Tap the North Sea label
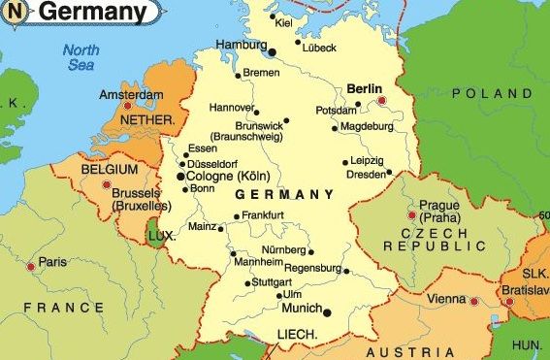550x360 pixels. pyautogui.click(x=81, y=57)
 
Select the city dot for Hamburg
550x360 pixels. pyautogui.click(x=272, y=50)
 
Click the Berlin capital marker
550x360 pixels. pyautogui.click(x=382, y=100)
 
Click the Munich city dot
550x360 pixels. pyautogui.click(x=326, y=311)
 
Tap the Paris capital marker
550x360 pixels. pyautogui.click(x=31, y=265)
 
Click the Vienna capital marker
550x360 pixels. pyautogui.click(x=473, y=302)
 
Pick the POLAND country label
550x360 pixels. pyautogui.click(x=485, y=93)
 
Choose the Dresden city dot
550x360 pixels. pyautogui.click(x=389, y=173)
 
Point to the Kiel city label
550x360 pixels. pyautogui.click(x=283, y=21)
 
